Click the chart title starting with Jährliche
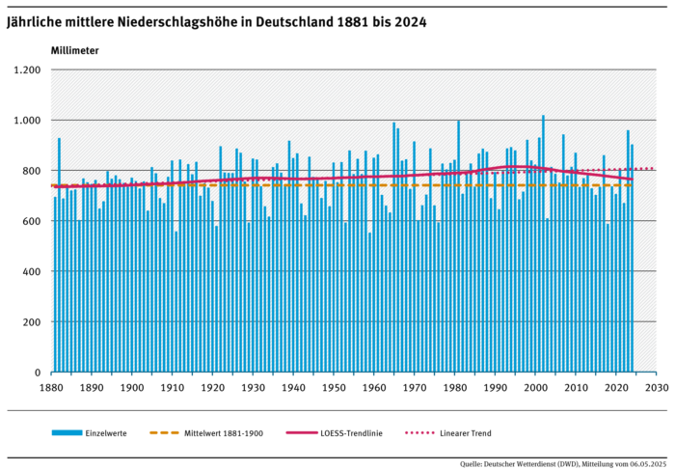217,20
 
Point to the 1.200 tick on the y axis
26,70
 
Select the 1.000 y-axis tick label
26,121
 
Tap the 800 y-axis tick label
31,171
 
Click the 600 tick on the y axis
31,221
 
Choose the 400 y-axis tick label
31,271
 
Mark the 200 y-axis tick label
31,321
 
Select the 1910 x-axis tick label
173,388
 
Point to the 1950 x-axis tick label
334,388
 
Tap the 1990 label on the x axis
495,388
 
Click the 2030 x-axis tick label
656,388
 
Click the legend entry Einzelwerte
105,433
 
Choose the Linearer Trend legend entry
469,433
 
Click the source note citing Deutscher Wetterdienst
561,462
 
